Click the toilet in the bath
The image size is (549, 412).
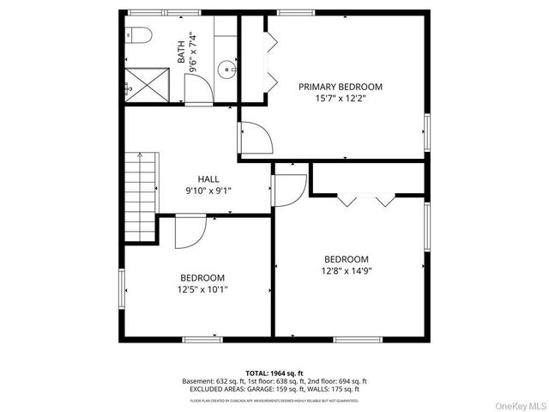[x=139, y=34]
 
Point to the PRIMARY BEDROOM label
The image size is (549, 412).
[x=341, y=87]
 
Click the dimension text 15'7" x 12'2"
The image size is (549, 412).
[x=341, y=99]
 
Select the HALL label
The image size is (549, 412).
[x=208, y=179]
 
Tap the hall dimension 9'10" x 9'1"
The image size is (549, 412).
[x=208, y=191]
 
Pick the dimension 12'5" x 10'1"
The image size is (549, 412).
[x=202, y=289]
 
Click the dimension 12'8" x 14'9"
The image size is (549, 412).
[x=346, y=271]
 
